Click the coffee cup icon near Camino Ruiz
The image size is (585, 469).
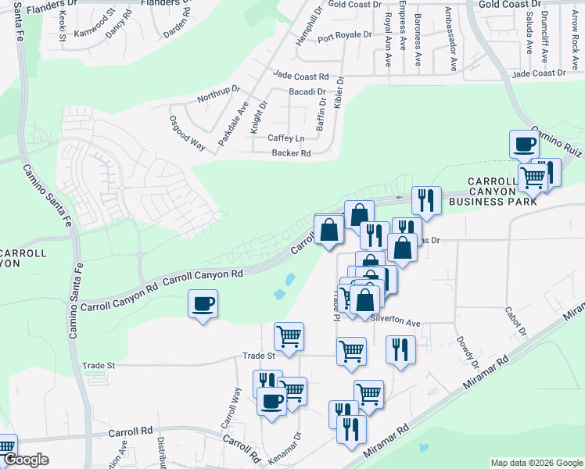click(524, 145)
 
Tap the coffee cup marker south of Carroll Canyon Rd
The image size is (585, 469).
click(203, 303)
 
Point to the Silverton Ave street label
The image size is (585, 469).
click(396, 322)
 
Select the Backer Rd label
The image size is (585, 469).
click(291, 153)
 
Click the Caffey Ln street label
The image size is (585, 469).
click(285, 138)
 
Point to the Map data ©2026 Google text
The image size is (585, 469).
click(536, 463)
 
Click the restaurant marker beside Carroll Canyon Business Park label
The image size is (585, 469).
click(426, 202)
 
